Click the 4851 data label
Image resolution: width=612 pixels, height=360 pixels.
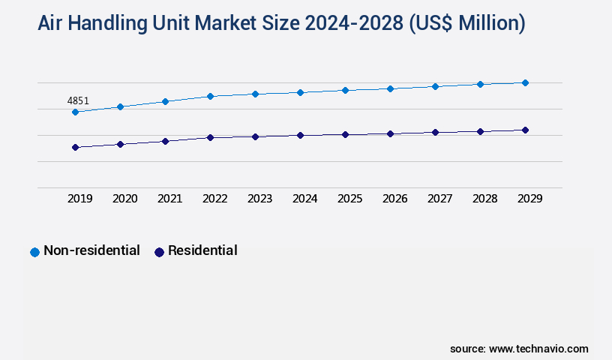pyautogui.click(x=78, y=100)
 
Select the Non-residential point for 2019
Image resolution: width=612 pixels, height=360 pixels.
pyautogui.click(x=75, y=112)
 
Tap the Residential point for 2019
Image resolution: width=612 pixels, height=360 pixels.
pyautogui.click(x=75, y=147)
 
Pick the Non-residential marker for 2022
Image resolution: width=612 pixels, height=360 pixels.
pyautogui.click(x=210, y=96)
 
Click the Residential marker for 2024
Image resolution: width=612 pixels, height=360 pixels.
pyautogui.click(x=300, y=135)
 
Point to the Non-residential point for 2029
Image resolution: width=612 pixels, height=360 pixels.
pyautogui.click(x=525, y=82)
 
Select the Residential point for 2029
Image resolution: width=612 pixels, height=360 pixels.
pyautogui.click(x=525, y=130)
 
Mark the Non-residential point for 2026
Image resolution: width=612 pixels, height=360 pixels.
pyautogui.click(x=390, y=88)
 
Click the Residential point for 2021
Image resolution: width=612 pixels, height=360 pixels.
pyautogui.click(x=165, y=141)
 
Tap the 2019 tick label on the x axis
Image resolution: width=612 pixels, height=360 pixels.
pyautogui.click(x=80, y=199)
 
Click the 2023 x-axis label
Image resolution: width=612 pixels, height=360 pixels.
pyautogui.click(x=260, y=199)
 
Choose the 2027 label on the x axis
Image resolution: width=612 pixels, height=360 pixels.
pyautogui.click(x=440, y=199)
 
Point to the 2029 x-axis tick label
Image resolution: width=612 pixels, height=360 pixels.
pyautogui.click(x=530, y=199)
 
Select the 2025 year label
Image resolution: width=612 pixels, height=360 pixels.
pyautogui.click(x=350, y=199)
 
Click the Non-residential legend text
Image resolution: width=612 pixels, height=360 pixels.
pyautogui.click(x=91, y=250)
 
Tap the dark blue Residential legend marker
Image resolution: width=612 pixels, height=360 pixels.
pyautogui.click(x=159, y=252)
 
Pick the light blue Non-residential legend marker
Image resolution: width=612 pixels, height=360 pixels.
pyautogui.click(x=34, y=252)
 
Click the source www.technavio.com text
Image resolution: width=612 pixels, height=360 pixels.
pyautogui.click(x=519, y=349)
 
